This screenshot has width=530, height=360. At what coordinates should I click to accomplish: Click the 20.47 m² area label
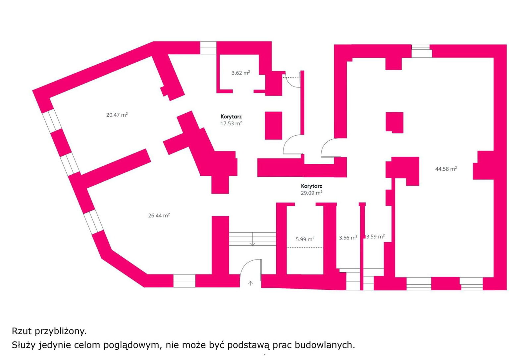pyautogui.click(x=117, y=115)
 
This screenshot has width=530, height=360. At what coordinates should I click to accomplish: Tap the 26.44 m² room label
pyautogui.click(x=159, y=215)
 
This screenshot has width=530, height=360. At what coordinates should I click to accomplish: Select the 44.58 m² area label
pyautogui.click(x=446, y=169)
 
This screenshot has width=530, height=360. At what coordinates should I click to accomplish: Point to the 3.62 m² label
pyautogui.click(x=240, y=73)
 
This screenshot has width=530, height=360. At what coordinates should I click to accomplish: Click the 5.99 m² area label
pyautogui.click(x=305, y=239)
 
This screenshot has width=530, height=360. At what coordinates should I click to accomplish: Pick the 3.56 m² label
pyautogui.click(x=348, y=238)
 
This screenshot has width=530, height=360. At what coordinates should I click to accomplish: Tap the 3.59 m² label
pyautogui.click(x=375, y=236)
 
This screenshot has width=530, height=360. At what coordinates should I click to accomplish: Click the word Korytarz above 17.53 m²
pyautogui.click(x=231, y=117)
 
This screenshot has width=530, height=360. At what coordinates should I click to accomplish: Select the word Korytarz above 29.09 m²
pyautogui.click(x=312, y=186)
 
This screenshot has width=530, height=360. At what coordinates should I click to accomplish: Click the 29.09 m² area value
pyautogui.click(x=312, y=193)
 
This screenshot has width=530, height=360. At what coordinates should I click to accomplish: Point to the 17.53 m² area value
pyautogui.click(x=231, y=123)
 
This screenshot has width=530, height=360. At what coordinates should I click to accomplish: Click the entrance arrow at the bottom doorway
pyautogui.click(x=250, y=283)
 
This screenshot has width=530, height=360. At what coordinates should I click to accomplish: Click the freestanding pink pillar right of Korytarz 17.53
pyautogui.click(x=274, y=126)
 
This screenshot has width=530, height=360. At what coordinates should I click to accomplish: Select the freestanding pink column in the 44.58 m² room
pyautogui.click(x=395, y=122)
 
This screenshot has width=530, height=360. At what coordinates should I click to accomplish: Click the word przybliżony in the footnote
pyautogui.click(x=61, y=331)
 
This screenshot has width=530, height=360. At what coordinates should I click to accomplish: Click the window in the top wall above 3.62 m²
pyautogui.click(x=208, y=48)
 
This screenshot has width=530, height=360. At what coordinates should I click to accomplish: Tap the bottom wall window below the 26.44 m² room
pyautogui.click(x=184, y=281)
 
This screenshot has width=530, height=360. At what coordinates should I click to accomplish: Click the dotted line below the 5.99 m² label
pyautogui.click(x=305, y=247)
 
